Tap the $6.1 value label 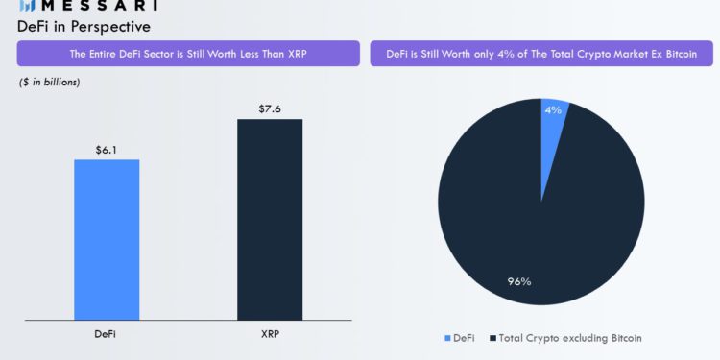[x=107, y=150]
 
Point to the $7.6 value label [x=270, y=109]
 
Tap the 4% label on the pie [x=553, y=110]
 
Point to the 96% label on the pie [x=519, y=281]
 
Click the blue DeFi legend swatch [x=446, y=338]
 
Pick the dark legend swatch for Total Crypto [x=492, y=338]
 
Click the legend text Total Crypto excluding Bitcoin [x=570, y=338]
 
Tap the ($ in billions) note [x=50, y=83]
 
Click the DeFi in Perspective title [x=84, y=26]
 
